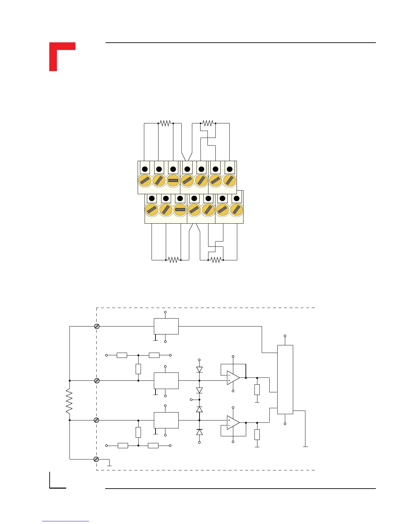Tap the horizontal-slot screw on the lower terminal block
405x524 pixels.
point(180,209)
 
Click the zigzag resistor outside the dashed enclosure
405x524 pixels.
point(69,401)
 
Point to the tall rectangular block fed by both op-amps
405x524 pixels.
point(285,379)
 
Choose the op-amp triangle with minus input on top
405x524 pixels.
point(233,378)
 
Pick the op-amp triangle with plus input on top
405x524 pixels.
point(233,423)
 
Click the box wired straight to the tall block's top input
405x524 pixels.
point(166,326)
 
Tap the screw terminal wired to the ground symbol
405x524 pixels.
point(96,459)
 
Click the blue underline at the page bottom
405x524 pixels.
point(66,521)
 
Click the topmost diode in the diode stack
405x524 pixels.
point(199,370)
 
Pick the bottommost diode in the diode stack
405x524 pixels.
point(199,432)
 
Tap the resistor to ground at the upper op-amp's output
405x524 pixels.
point(257,390)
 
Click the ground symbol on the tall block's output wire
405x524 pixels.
point(305,447)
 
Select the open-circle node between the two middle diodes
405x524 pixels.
point(191,400)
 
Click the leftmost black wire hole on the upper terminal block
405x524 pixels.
point(145,169)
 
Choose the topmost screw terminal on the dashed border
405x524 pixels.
point(97,326)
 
